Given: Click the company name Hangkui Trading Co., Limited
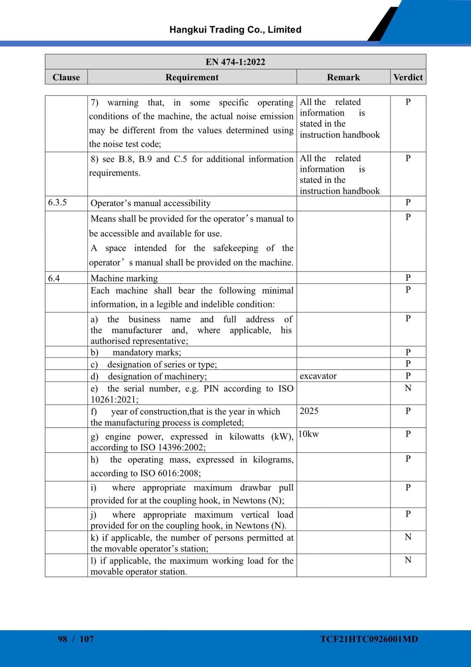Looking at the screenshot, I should coord(235,30).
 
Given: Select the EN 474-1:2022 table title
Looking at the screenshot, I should coord(235,62).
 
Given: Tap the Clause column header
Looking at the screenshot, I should coord(66,77).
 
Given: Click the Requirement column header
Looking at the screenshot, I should coord(192,77).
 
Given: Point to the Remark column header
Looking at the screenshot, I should coord(343,77).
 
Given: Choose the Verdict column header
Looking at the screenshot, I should coord(408,77).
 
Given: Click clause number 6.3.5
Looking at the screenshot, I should coord(58,203).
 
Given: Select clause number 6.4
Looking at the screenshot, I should coord(54,278).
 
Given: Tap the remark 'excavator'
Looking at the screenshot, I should coord(318,376).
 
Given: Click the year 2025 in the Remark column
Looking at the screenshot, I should coord(309,411).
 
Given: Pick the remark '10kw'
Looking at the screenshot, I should coord(308,434).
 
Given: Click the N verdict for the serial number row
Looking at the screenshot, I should coord(408,388).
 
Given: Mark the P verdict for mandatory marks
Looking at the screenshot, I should coord(408,352).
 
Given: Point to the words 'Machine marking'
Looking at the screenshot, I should coord(124,278).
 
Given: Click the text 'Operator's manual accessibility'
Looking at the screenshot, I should coord(150,203).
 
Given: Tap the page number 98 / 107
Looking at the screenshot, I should coord(76,639).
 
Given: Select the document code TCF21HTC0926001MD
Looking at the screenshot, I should coord(369,639).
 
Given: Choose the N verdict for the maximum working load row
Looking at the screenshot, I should coord(408,560).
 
